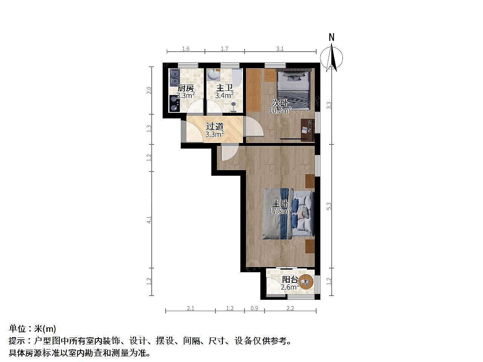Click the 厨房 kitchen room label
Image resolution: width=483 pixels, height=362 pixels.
tap(186, 88)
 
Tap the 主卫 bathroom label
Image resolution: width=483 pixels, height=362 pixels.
tap(224, 88)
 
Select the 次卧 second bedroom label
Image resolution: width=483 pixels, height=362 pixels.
tap(280, 103)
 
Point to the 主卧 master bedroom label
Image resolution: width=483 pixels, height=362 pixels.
tap(280, 204)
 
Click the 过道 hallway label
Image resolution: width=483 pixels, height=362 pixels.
tap(215, 127)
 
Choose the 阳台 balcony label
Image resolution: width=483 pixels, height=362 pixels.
tap(290, 279)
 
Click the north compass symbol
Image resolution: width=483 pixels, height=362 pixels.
tap(331, 58)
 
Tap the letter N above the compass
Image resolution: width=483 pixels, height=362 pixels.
tap(332, 37)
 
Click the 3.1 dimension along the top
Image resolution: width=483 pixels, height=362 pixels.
tap(280, 49)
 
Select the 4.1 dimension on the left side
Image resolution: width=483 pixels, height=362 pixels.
tap(149, 219)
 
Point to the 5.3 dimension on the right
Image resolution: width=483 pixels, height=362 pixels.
tap(329, 206)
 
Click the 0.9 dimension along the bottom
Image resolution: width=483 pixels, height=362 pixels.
tap(254, 308)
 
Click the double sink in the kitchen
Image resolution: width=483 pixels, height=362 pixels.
tap(175, 77)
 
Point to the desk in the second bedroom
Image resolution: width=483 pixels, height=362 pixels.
tap(308, 130)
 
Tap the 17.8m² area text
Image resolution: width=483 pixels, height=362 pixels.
tap(280, 211)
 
